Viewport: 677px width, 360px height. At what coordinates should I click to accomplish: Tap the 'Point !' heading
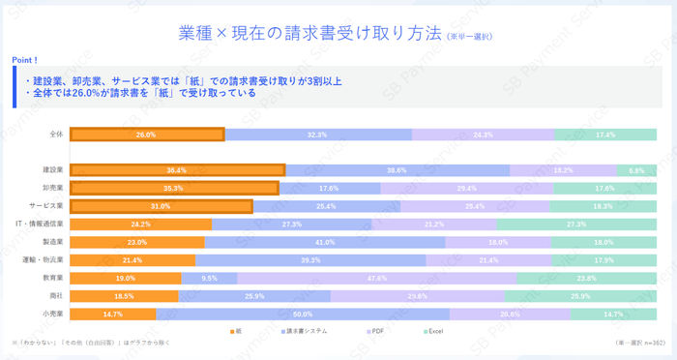pos(25,60)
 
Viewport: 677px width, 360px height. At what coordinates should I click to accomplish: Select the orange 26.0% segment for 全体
pos(147,135)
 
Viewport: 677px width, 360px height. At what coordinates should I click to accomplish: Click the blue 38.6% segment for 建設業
pos(397,170)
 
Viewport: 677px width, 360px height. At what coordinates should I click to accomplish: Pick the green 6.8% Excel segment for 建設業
pos(636,170)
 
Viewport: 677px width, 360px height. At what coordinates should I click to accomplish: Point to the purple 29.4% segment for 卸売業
pos(467,188)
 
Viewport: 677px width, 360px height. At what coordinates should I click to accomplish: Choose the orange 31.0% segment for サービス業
pos(161,206)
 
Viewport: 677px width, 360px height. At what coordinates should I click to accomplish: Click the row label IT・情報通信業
pos(43,224)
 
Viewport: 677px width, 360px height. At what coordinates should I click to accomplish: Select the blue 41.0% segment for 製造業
pos(325,242)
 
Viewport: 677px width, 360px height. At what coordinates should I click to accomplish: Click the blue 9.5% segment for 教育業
pos(209,278)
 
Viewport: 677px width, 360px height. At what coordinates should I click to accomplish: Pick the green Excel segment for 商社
pos(581,296)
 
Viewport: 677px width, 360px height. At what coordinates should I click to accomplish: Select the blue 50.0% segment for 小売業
pos(303,314)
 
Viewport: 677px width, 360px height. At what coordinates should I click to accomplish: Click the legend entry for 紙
pos(237,332)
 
